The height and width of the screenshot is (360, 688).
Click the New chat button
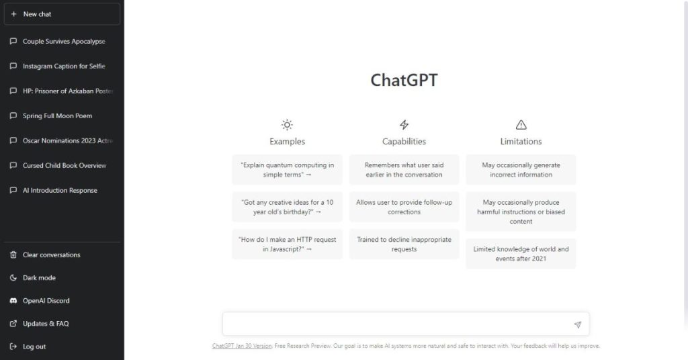62,14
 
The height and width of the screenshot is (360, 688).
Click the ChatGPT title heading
404,80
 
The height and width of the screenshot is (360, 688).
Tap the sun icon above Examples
287,125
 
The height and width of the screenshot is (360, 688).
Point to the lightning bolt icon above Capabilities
404,125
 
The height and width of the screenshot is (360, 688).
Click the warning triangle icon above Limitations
521,125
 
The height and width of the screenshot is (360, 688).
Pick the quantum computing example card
287,170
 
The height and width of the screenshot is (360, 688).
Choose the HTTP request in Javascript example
287,244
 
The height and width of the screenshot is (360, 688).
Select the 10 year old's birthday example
287,207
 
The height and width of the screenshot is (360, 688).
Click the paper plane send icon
577,324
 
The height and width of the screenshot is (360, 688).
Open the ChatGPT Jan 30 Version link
242,346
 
